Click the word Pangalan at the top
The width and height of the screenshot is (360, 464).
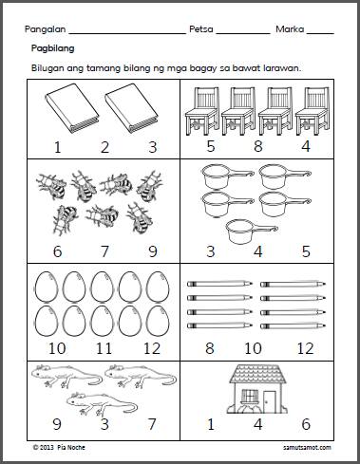46,29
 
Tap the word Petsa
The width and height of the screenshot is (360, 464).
201,29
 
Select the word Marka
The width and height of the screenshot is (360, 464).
290,29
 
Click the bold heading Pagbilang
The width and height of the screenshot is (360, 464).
53,48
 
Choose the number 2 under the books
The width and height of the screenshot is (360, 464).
104,147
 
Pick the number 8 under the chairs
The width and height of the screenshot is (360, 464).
258,146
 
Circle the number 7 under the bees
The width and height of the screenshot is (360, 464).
104,251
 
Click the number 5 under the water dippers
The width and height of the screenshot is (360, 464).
306,251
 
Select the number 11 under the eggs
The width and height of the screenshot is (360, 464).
104,348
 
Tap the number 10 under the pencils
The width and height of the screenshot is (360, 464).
253,348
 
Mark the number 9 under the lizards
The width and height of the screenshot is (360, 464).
57,424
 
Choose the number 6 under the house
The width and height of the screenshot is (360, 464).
306,424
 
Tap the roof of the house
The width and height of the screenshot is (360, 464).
257,374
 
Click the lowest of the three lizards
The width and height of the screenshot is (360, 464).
102,403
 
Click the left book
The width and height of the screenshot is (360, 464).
72,108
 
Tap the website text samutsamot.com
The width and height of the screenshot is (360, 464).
307,448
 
